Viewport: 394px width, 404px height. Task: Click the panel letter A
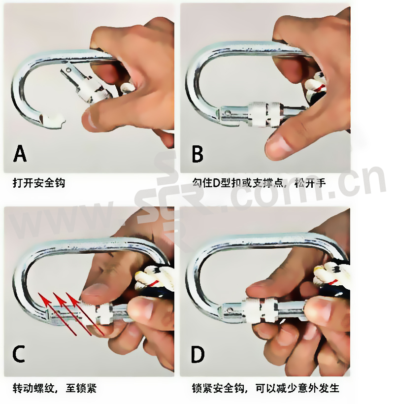pos(20,153)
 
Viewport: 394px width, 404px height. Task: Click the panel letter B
pos(197,154)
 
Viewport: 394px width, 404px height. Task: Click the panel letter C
pos(19,354)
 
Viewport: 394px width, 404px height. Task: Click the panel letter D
pos(197,354)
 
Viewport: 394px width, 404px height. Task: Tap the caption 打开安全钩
pos(39,183)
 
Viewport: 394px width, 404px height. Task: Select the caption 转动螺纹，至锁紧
pos(55,388)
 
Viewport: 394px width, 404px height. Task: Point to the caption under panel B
pos(259,183)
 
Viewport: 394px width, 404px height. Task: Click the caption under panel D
pos(265,388)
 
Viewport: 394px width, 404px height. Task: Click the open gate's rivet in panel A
pos(68,70)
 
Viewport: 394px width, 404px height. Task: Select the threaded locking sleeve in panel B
pos(264,115)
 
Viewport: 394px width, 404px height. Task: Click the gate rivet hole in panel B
pos(228,113)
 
